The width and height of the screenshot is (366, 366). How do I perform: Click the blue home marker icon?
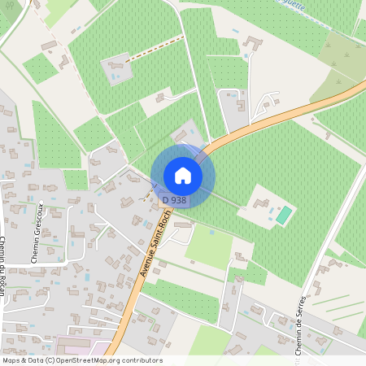183,176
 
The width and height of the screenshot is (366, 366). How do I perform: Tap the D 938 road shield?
175,200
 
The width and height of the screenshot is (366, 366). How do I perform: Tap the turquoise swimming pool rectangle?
284,216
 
